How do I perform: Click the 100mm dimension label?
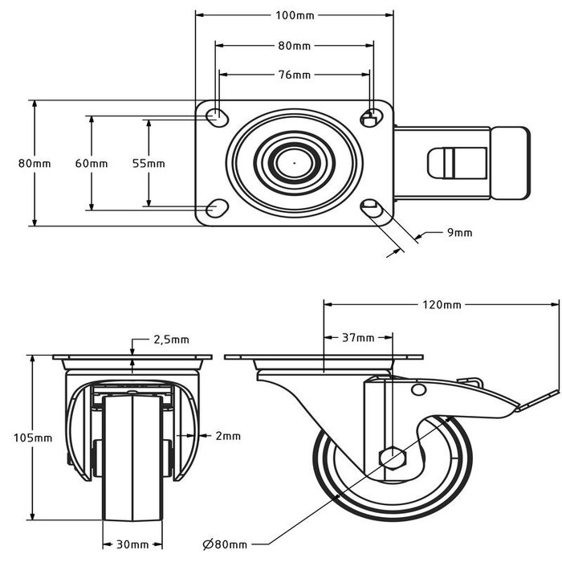click(x=295, y=14)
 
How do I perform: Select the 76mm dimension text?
click(x=295, y=75)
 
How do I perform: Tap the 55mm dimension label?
click(x=149, y=163)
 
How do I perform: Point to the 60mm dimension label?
click(x=92, y=163)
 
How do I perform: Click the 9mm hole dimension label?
click(x=459, y=233)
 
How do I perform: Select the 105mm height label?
click(x=33, y=438)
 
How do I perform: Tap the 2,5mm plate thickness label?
click(x=171, y=340)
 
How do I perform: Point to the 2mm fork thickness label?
click(x=228, y=436)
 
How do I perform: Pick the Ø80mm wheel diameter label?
click(x=224, y=544)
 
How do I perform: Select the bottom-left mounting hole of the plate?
click(x=216, y=210)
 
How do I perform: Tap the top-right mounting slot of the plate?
click(x=372, y=117)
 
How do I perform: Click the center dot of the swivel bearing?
click(x=295, y=163)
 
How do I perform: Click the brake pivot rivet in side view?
click(x=417, y=389)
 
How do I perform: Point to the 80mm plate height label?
click(x=35, y=163)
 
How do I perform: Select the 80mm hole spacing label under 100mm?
click(x=295, y=46)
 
